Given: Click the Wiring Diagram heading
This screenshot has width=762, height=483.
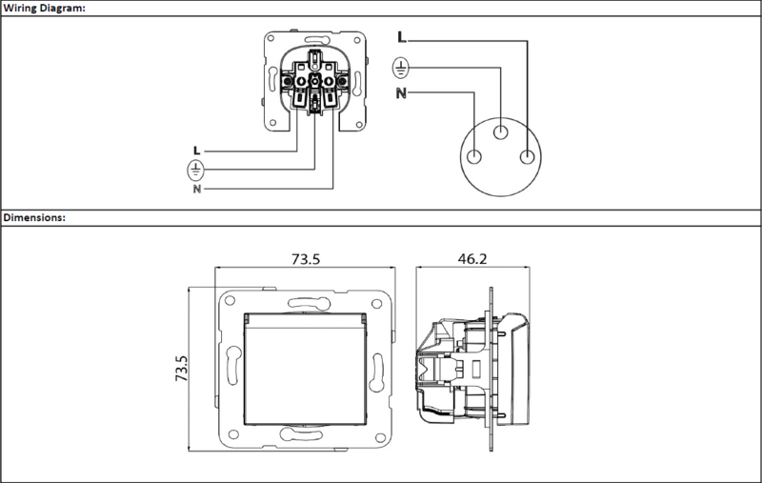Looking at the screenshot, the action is [x=44, y=9].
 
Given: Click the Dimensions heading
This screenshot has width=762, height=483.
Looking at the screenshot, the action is [x=34, y=218].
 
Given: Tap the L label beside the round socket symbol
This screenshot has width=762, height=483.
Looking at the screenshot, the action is [x=401, y=37].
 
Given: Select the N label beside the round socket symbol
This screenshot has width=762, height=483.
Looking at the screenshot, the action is [x=401, y=92].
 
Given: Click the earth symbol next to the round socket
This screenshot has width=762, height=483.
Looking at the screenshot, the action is [x=400, y=68].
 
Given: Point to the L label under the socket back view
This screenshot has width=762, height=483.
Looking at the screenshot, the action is [x=197, y=151].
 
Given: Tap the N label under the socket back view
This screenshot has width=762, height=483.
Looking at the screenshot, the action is [x=197, y=189].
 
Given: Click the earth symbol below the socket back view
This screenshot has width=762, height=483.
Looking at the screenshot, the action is [x=196, y=171].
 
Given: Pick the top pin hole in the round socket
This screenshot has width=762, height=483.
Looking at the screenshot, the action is [x=501, y=131].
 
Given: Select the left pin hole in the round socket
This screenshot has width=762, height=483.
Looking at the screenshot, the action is [x=473, y=157].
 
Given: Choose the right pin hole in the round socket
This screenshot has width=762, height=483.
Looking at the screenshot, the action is [x=528, y=157].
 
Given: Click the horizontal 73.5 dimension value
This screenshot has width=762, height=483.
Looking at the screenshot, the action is [x=306, y=259].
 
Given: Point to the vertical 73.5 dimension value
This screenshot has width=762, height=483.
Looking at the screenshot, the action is [x=181, y=368].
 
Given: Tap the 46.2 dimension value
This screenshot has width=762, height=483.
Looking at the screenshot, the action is [x=472, y=259].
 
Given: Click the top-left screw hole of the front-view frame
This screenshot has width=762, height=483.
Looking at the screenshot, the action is [x=230, y=300].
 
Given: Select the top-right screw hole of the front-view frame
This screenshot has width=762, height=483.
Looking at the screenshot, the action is [x=376, y=304].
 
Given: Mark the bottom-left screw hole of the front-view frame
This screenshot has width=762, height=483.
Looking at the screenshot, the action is [x=233, y=433].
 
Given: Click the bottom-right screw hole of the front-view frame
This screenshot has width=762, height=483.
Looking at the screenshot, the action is [x=380, y=438].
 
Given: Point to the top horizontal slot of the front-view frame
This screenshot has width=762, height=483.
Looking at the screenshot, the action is [x=310, y=303].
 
